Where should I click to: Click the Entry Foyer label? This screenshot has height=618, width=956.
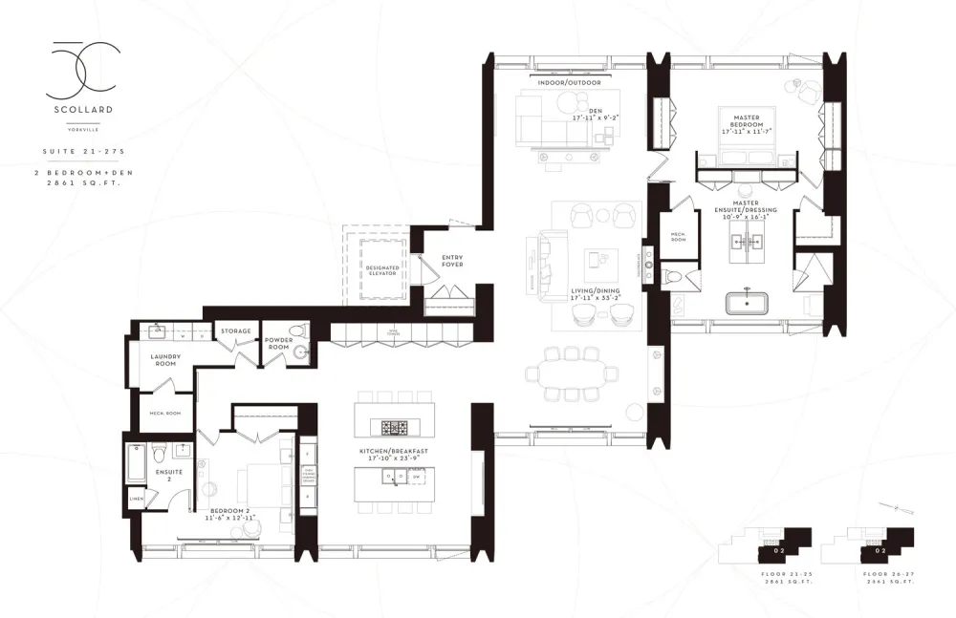point(452,261)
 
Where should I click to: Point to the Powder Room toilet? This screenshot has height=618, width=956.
point(299,331)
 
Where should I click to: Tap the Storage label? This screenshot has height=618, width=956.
point(235,331)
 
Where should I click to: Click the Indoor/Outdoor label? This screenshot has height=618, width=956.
point(569,83)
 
